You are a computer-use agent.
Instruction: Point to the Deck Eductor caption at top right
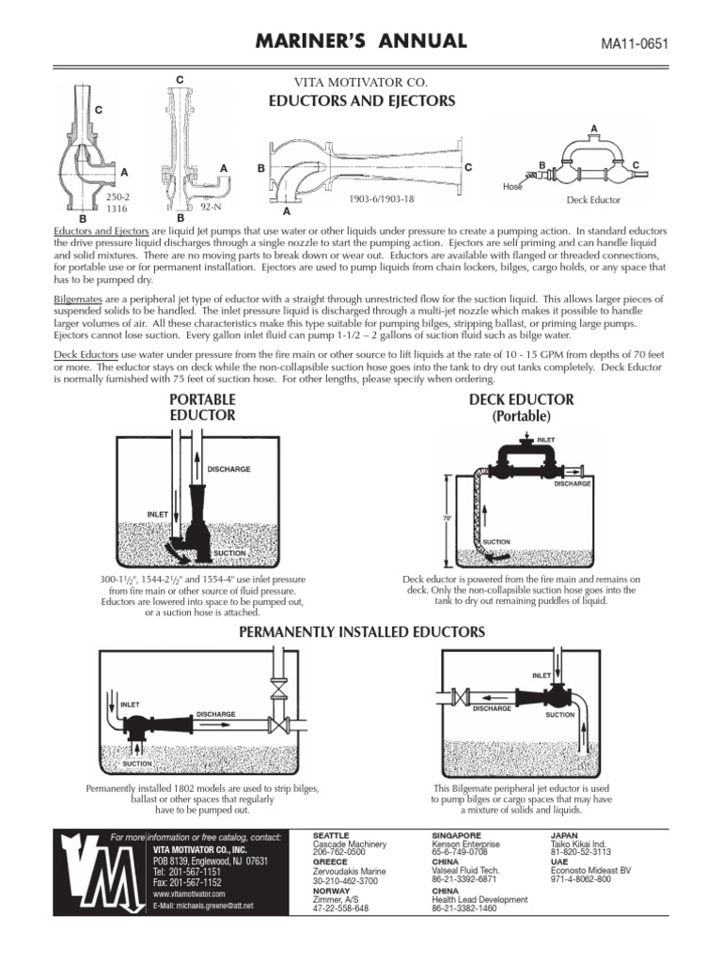click(593, 200)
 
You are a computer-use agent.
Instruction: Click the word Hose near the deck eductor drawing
click(512, 187)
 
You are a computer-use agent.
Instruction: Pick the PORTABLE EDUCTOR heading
click(202, 407)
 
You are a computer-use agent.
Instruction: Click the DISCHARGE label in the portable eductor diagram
click(228, 469)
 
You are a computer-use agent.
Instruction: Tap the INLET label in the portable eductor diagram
click(157, 514)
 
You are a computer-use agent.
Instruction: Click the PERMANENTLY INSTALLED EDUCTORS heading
click(362, 633)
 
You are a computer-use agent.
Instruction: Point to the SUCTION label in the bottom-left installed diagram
click(137, 763)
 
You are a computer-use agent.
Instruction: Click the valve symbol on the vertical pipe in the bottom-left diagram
click(277, 693)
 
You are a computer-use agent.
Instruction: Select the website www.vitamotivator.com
click(189, 895)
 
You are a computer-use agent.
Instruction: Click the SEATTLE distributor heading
click(330, 834)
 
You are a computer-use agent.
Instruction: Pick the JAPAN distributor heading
click(564, 834)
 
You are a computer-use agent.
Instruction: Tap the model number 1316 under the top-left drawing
click(117, 209)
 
